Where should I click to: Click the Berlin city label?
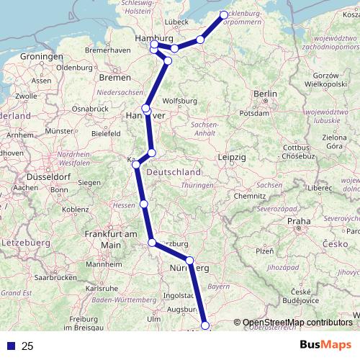click(265, 94)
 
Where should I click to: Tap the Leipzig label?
click(232, 157)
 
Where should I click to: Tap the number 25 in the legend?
click(27, 346)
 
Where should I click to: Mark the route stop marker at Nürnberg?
click(190, 261)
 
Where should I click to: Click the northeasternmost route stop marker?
click(224, 14)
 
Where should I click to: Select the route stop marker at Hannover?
click(146, 109)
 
